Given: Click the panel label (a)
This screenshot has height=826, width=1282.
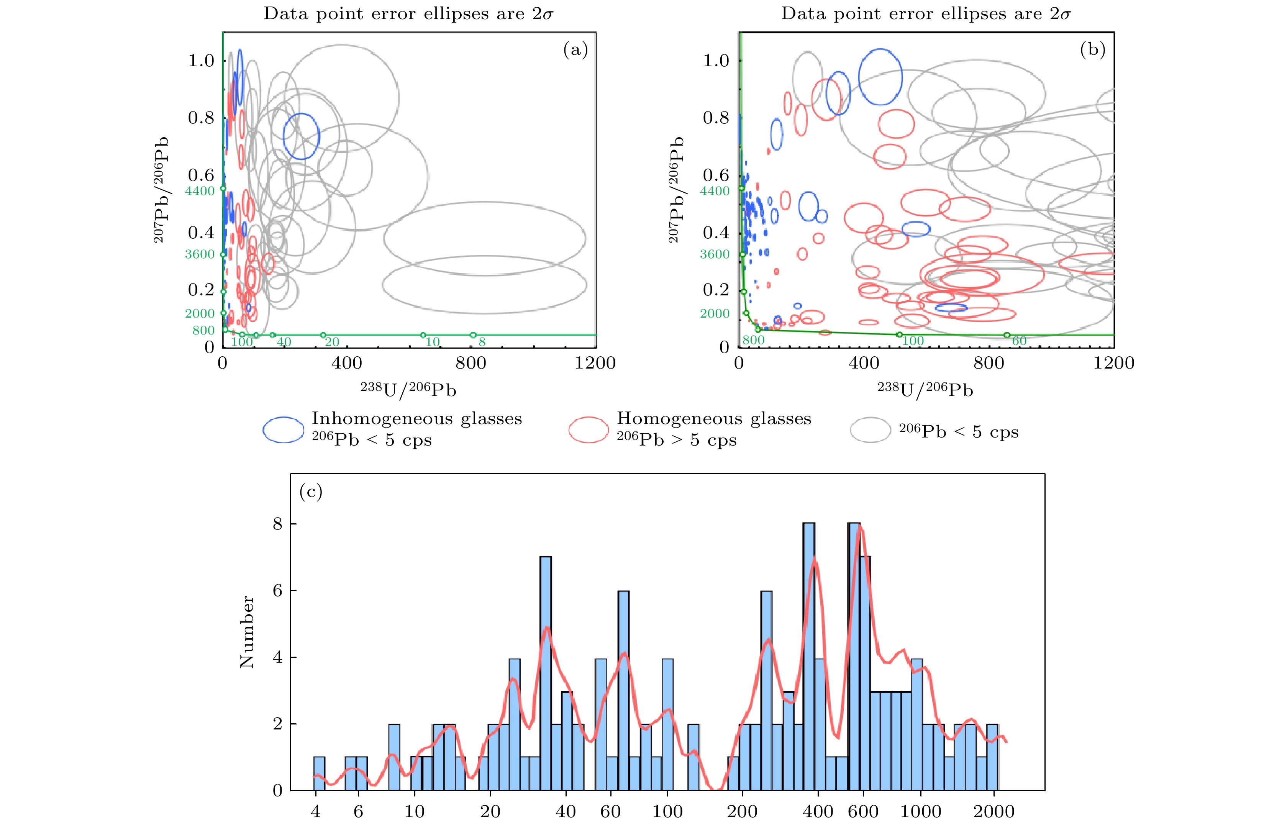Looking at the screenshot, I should [x=575, y=50].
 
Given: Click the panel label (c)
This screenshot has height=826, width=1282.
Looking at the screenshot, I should [x=311, y=491].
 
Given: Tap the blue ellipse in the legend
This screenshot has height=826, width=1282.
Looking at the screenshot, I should [x=283, y=429].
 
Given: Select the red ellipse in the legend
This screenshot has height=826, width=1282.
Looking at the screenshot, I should [x=589, y=429].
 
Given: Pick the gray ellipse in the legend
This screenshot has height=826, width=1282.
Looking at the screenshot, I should [x=870, y=429].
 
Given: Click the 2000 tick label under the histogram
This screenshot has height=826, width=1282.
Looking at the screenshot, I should [x=993, y=811].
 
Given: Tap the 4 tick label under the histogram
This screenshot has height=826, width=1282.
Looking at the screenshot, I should [x=315, y=811].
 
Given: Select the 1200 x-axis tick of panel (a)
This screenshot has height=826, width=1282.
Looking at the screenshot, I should [x=595, y=363].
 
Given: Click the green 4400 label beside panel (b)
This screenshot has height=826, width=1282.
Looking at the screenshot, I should [x=715, y=191].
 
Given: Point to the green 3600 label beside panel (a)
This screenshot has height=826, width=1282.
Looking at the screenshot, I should [x=200, y=254].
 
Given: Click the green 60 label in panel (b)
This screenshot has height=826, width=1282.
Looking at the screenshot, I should [x=1019, y=341].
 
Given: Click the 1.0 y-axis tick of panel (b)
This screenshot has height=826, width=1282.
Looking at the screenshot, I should [x=716, y=61].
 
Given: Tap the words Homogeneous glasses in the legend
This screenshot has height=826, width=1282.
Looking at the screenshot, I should [x=714, y=418].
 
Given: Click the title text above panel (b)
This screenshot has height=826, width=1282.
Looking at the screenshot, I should [x=925, y=14].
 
